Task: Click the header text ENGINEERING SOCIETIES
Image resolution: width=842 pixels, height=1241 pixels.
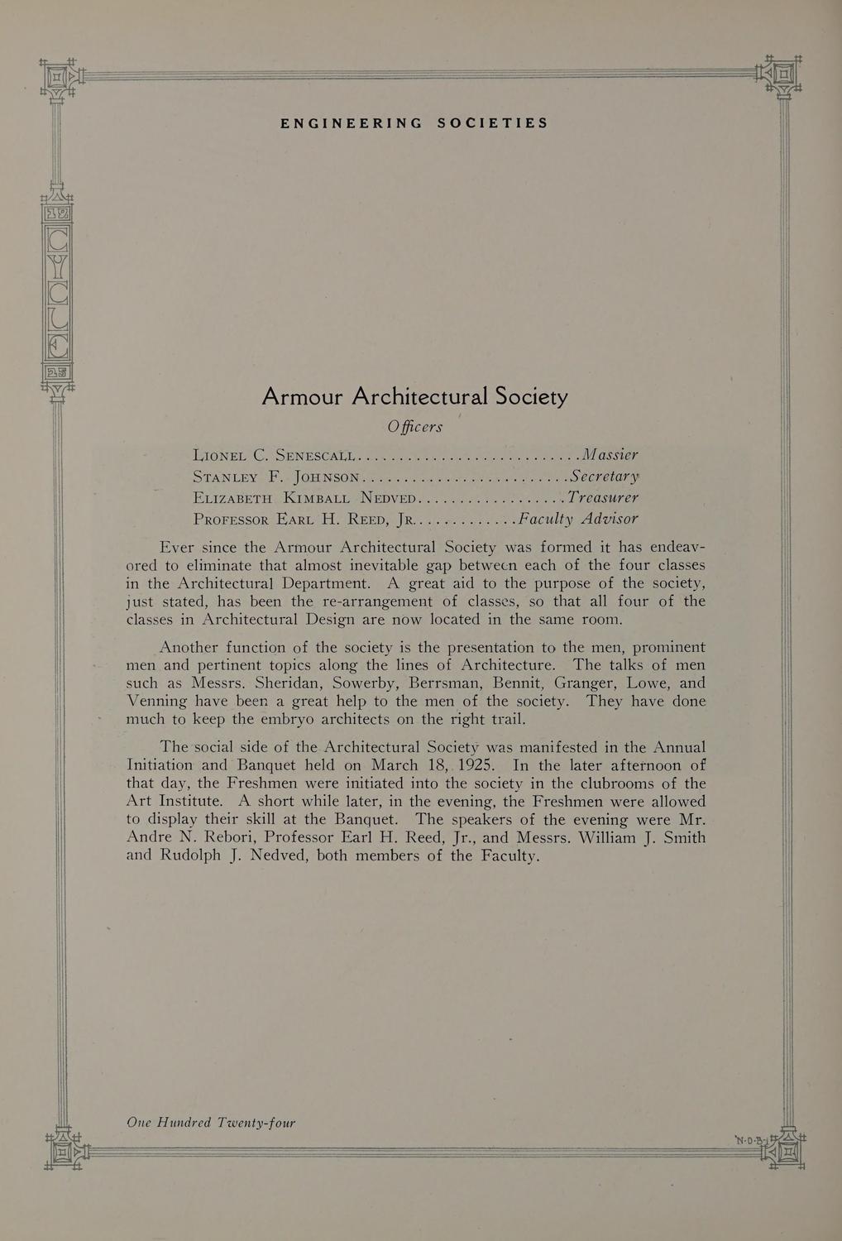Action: [414, 123]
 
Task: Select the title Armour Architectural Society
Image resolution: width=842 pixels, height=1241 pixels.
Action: [414, 397]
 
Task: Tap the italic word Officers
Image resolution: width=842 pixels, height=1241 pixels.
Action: [414, 427]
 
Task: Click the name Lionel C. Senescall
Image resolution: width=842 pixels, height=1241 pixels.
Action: [273, 454]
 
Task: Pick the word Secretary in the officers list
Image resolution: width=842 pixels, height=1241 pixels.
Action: [603, 476]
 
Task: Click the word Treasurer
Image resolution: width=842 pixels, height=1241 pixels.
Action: [602, 498]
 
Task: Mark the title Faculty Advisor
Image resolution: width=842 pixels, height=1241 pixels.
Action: [576, 520]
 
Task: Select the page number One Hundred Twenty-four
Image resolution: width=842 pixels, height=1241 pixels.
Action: [211, 1123]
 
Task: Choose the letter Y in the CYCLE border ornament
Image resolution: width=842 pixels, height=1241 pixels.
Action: [58, 267]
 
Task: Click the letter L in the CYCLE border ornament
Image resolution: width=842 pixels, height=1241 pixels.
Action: [58, 319]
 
